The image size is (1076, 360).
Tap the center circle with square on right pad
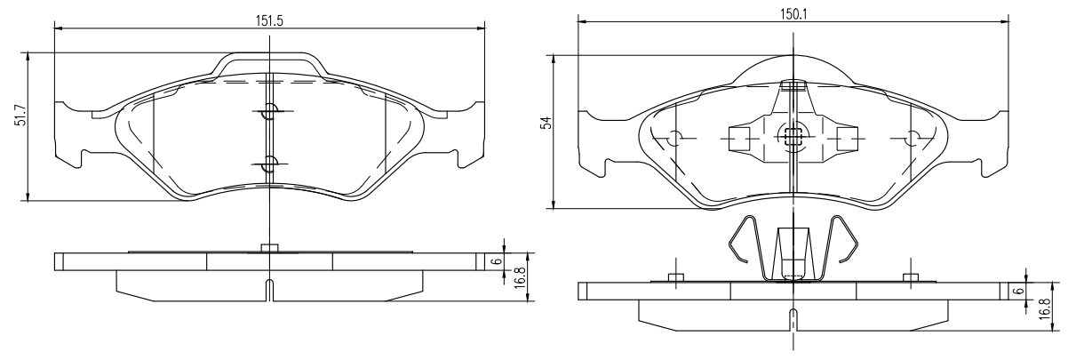[791, 136]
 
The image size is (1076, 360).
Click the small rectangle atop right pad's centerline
[792, 85]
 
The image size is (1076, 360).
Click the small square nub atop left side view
[269, 248]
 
